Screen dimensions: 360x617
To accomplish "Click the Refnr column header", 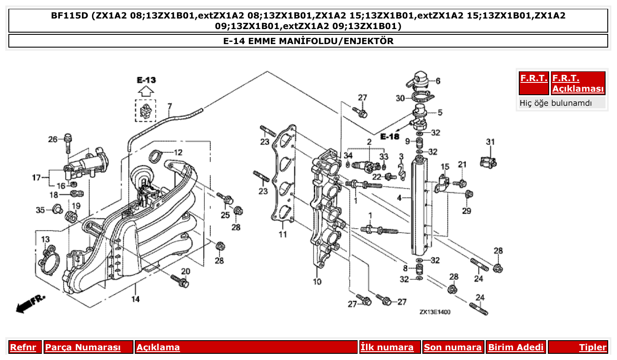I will tap(23, 347).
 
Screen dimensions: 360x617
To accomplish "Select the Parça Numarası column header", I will tap(83, 347).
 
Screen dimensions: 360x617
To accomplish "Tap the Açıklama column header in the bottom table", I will tap(158, 347).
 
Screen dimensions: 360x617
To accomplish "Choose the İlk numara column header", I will tap(387, 347).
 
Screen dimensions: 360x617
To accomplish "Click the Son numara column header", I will tap(453, 347).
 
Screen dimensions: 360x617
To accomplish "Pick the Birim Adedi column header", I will tap(516, 347).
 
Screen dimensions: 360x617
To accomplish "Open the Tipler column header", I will tap(592, 347).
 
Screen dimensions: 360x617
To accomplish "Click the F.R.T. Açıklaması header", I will tap(578, 83).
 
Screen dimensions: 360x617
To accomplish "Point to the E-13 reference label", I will tap(146, 80).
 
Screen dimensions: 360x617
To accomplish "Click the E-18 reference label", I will tap(390, 136).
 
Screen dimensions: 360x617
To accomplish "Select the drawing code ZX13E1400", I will tap(435, 312).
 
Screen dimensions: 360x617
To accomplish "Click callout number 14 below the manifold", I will tap(135, 299).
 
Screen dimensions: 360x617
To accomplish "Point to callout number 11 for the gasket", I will tap(282, 234).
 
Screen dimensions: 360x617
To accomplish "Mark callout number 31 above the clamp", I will tap(490, 142).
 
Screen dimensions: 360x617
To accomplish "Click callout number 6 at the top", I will tap(438, 81).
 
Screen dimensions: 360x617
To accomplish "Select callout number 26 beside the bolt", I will tap(53, 140).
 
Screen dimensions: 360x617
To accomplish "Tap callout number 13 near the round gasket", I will tap(45, 239).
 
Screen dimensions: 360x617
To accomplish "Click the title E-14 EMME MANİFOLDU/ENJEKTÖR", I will tap(308, 41).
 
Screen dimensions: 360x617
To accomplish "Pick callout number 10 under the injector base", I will tap(317, 282).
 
